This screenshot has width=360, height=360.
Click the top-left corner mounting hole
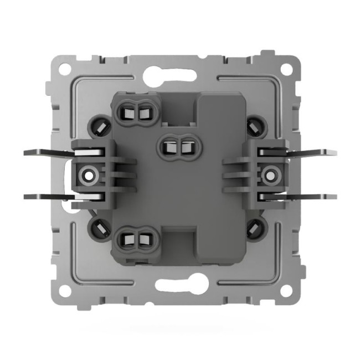click(x=65, y=70)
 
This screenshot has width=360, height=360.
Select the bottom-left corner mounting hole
click(x=65, y=290)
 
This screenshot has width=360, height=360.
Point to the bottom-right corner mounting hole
click(x=286, y=290)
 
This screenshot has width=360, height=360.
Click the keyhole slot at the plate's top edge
click(x=173, y=73)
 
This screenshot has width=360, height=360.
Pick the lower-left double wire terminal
click(x=136, y=240)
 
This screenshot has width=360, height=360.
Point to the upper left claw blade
click(x=47, y=152)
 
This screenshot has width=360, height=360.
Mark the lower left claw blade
click(x=47, y=196)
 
